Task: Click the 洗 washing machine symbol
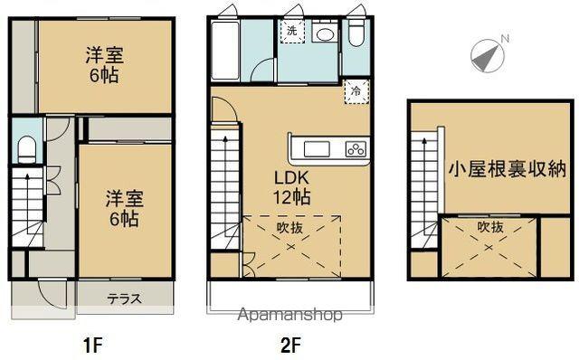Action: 291,32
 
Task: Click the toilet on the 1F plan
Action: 26,147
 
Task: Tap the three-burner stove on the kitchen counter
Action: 356,149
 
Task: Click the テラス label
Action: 123,298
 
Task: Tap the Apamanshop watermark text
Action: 289,315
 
